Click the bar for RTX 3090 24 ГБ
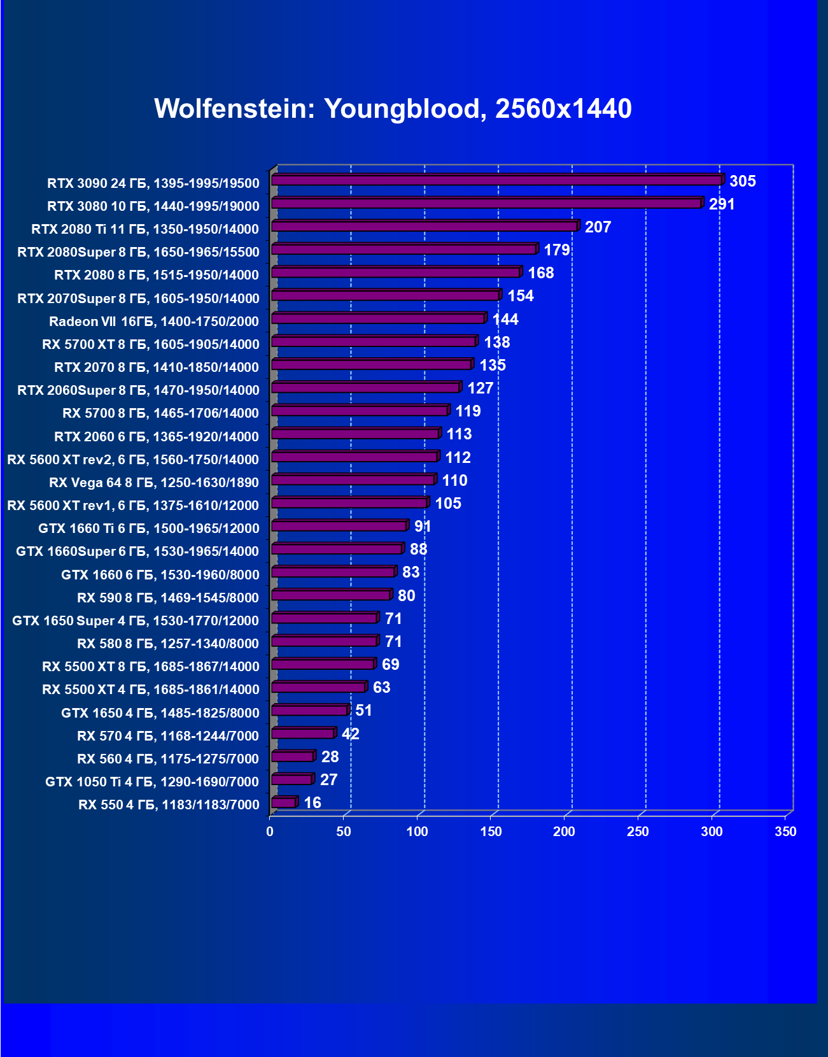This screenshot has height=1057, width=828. (x=496, y=181)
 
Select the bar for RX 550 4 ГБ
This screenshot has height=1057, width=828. (x=284, y=802)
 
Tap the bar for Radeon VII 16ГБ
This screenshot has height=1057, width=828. (x=378, y=318)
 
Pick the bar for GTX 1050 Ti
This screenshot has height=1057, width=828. (x=291, y=779)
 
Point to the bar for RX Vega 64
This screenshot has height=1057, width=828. (x=353, y=480)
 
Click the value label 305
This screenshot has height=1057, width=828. (x=742, y=181)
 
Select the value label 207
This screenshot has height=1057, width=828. (x=598, y=227)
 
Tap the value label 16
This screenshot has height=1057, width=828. (x=312, y=803)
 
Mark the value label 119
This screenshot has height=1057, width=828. (x=468, y=411)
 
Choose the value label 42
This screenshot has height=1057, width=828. (x=350, y=734)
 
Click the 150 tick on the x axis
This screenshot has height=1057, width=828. (x=491, y=832)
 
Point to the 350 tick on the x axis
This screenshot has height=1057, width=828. (x=785, y=832)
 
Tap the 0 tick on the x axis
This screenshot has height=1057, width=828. (x=270, y=832)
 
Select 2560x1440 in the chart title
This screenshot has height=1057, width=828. (x=563, y=109)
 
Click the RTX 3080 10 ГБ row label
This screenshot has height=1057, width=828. (x=153, y=206)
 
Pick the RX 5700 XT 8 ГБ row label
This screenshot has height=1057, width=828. (x=150, y=344)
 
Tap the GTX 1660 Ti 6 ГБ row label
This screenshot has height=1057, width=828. (x=148, y=528)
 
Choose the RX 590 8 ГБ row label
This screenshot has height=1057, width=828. (x=167, y=598)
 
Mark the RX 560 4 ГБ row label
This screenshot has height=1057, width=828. (x=167, y=759)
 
